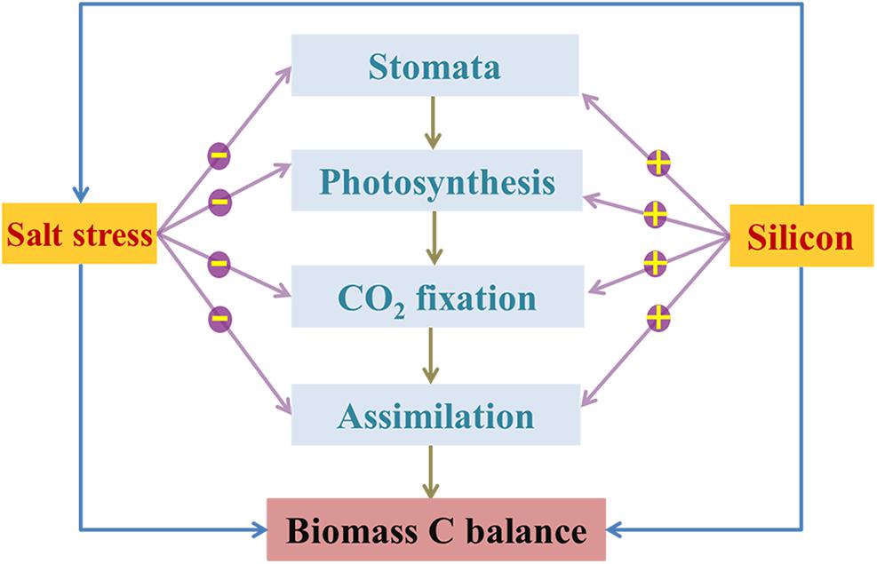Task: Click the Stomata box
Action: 435,67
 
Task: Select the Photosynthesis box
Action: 437,181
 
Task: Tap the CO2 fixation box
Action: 435,297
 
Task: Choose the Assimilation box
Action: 435,415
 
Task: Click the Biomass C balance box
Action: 436,531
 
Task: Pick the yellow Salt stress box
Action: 79,234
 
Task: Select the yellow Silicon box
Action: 799,237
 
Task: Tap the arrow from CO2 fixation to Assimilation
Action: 432,355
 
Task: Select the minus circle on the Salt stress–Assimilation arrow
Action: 219,317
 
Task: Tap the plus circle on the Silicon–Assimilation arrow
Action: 658,316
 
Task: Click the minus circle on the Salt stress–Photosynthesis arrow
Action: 219,201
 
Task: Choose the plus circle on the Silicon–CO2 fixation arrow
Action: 655,263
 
